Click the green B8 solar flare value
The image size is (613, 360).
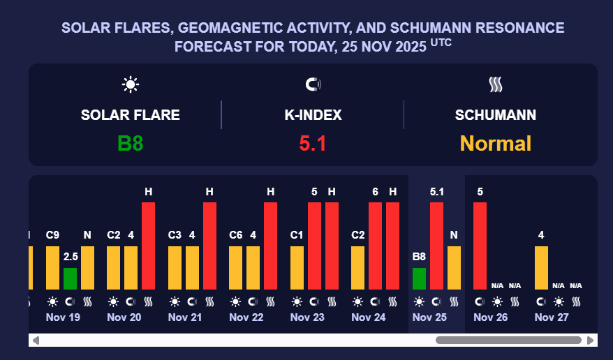click(x=131, y=144)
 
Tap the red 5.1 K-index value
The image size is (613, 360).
click(x=313, y=144)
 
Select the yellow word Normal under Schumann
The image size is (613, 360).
click(x=496, y=144)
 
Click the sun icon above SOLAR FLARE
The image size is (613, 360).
click(x=131, y=85)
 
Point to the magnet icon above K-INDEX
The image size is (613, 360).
click(x=313, y=85)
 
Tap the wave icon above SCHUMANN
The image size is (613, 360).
click(x=496, y=85)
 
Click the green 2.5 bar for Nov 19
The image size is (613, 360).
click(x=70, y=278)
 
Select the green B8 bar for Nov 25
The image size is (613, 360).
click(x=419, y=278)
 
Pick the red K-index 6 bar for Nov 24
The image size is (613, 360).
click(x=376, y=246)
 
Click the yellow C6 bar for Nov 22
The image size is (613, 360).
click(x=236, y=267)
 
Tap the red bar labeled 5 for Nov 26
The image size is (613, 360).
click(x=480, y=246)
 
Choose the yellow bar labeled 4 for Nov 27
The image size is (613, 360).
click(x=541, y=267)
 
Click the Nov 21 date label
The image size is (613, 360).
click(x=185, y=317)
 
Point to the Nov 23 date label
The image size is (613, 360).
click(x=307, y=317)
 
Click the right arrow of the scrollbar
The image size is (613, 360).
click(x=591, y=340)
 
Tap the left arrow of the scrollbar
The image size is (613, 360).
click(x=36, y=340)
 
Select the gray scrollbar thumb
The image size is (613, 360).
click(x=508, y=340)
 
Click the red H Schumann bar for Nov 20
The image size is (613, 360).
click(x=149, y=246)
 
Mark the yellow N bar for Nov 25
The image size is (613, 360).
click(x=454, y=267)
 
